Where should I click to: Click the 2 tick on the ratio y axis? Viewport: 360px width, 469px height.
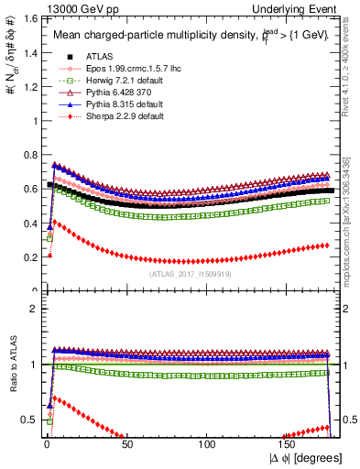[31, 309]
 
